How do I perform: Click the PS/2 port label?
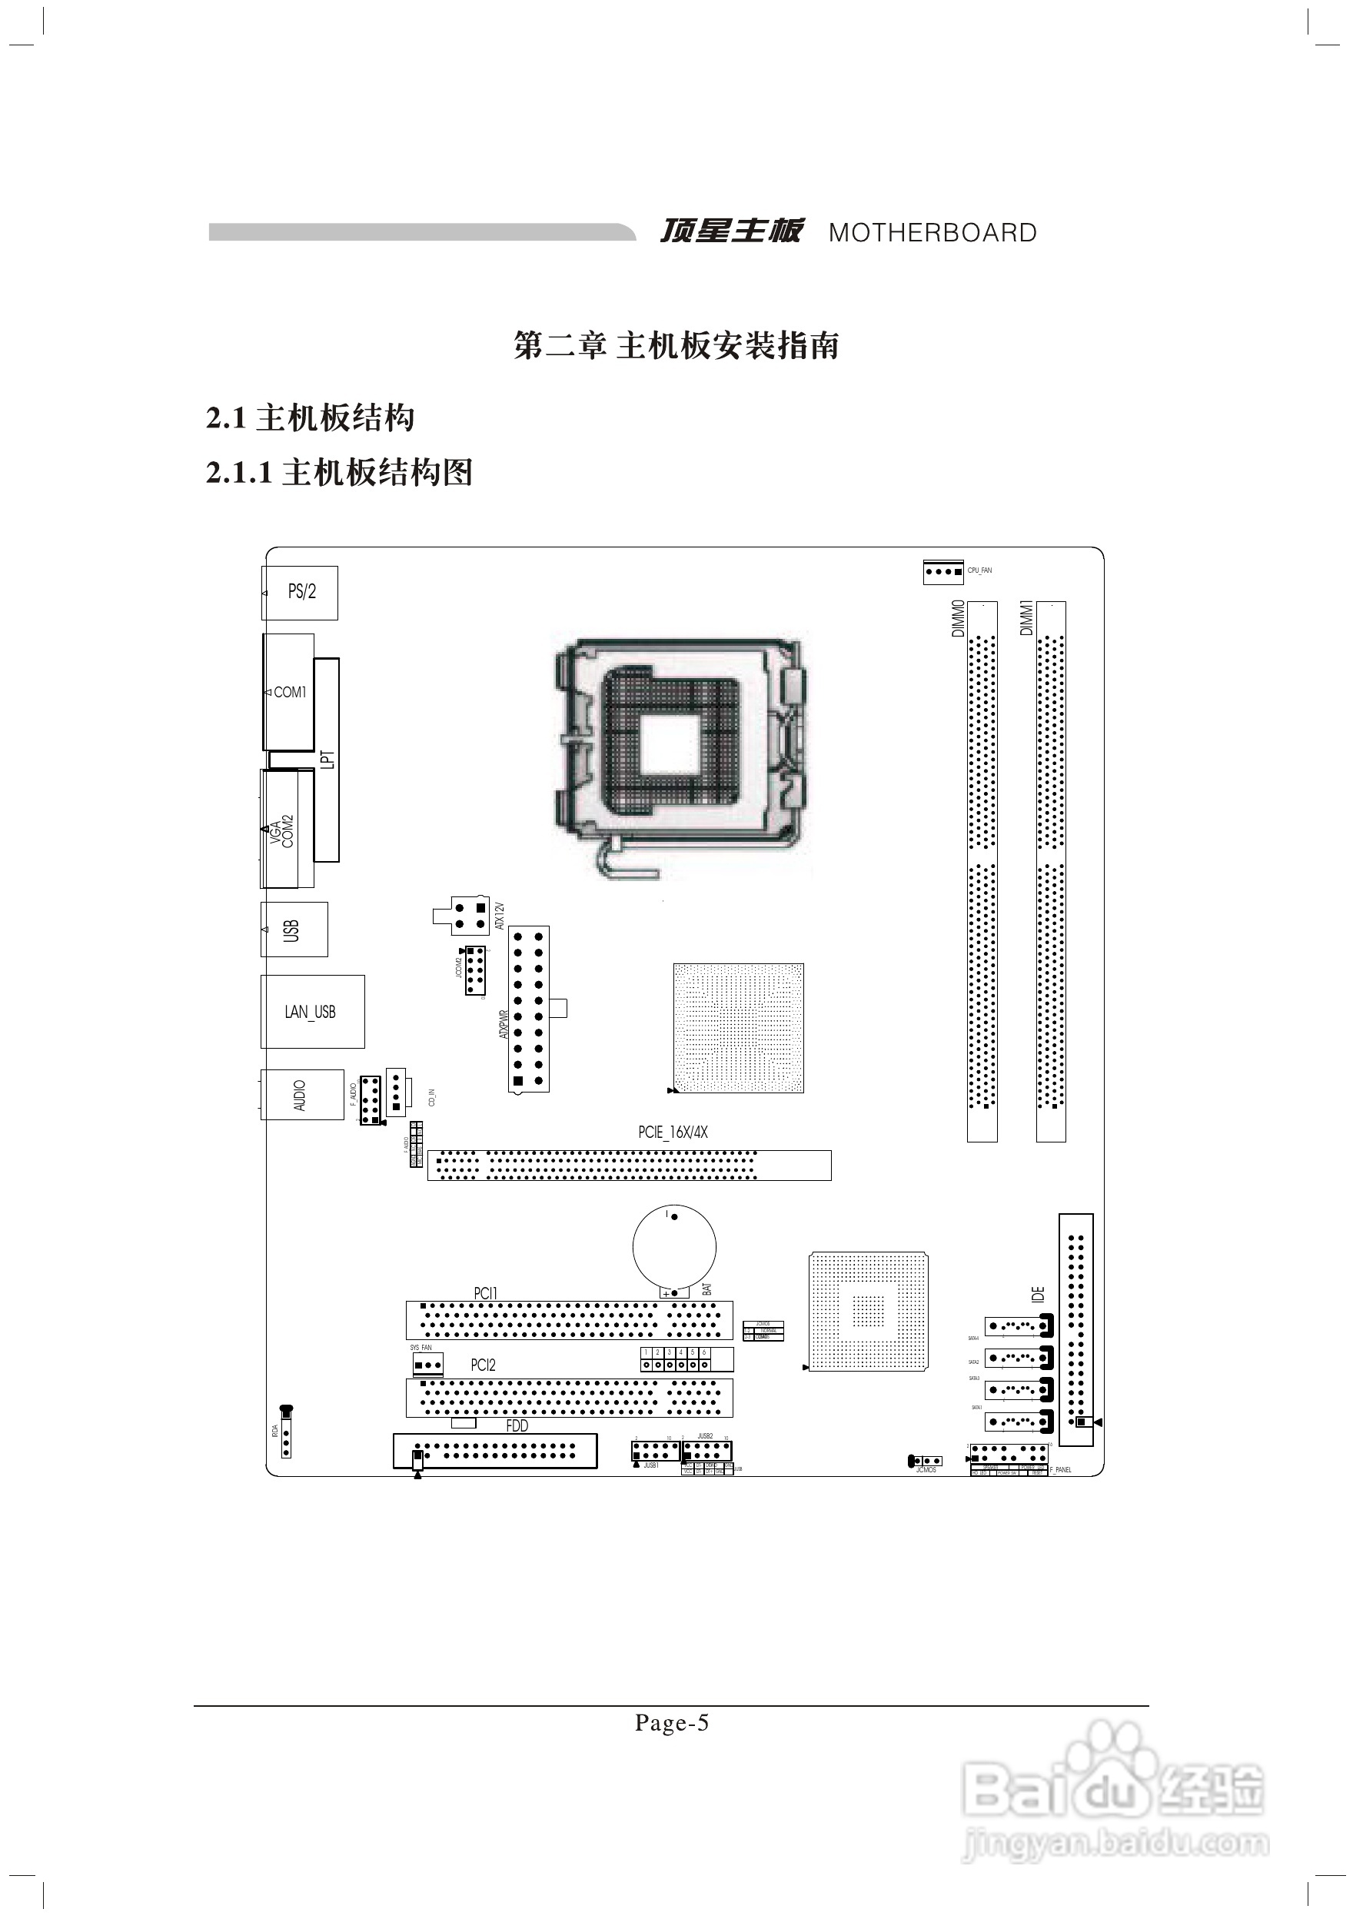point(301,592)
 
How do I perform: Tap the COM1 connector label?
point(290,692)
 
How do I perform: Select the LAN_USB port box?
point(311,1011)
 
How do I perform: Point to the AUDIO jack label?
point(300,1095)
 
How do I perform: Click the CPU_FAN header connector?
point(943,572)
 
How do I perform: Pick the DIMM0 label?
point(959,618)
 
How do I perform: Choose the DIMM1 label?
point(1027,618)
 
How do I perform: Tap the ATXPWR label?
point(503,1023)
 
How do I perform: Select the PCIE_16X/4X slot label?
point(673,1132)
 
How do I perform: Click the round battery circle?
point(674,1249)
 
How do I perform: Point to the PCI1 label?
point(486,1293)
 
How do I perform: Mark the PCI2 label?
point(483,1365)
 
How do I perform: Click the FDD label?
point(517,1426)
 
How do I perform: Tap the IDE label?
point(1038,1295)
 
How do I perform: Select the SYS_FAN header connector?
point(427,1365)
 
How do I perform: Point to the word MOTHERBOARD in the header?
point(932,232)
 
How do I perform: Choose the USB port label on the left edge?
point(291,930)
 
